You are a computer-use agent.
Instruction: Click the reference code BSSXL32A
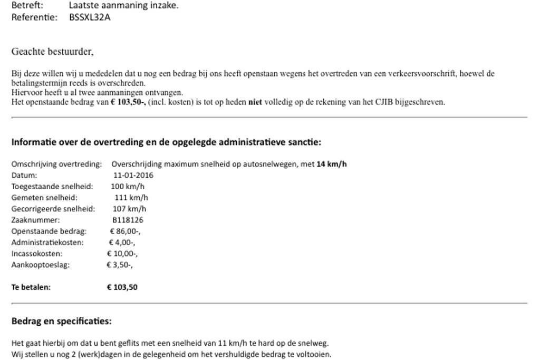pyautogui.click(x=90, y=17)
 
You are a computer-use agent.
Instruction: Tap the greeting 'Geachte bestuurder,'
pyautogui.click(x=52, y=52)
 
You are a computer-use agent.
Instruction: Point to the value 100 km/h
pyautogui.click(x=128, y=187)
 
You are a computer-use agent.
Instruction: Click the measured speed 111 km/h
pyautogui.click(x=131, y=198)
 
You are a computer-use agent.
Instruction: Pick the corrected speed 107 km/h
pyautogui.click(x=130, y=209)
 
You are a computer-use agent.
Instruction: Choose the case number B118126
pyautogui.click(x=128, y=220)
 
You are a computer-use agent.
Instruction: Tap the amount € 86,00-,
pyautogui.click(x=125, y=231)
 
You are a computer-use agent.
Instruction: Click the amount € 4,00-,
pyautogui.click(x=122, y=242)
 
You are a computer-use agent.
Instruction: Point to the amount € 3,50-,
pyautogui.click(x=120, y=265)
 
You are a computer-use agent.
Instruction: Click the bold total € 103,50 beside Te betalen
pyautogui.click(x=122, y=287)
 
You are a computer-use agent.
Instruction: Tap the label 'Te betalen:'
pyautogui.click(x=31, y=287)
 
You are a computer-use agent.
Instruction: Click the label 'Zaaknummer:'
pyautogui.click(x=36, y=220)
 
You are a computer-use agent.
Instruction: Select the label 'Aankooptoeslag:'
pyautogui.click(x=41, y=265)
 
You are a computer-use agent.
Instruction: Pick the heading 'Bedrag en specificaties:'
pyautogui.click(x=62, y=321)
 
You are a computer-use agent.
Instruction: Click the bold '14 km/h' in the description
pyautogui.click(x=331, y=164)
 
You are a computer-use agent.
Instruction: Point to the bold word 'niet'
pyautogui.click(x=255, y=102)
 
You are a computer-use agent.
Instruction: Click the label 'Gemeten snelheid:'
pyautogui.click(x=44, y=198)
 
